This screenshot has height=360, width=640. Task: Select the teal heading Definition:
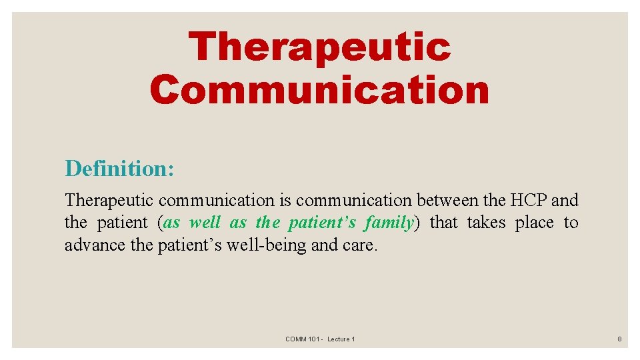(x=119, y=168)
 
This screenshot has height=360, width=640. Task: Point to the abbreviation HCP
(x=527, y=200)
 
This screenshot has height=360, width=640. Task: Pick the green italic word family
(x=389, y=223)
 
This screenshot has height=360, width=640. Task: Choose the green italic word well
(x=205, y=223)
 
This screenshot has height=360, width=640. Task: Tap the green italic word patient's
(x=323, y=223)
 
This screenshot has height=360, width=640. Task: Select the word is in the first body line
(x=285, y=200)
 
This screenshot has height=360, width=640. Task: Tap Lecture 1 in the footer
(x=341, y=339)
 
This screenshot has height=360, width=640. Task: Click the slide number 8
(x=619, y=339)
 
